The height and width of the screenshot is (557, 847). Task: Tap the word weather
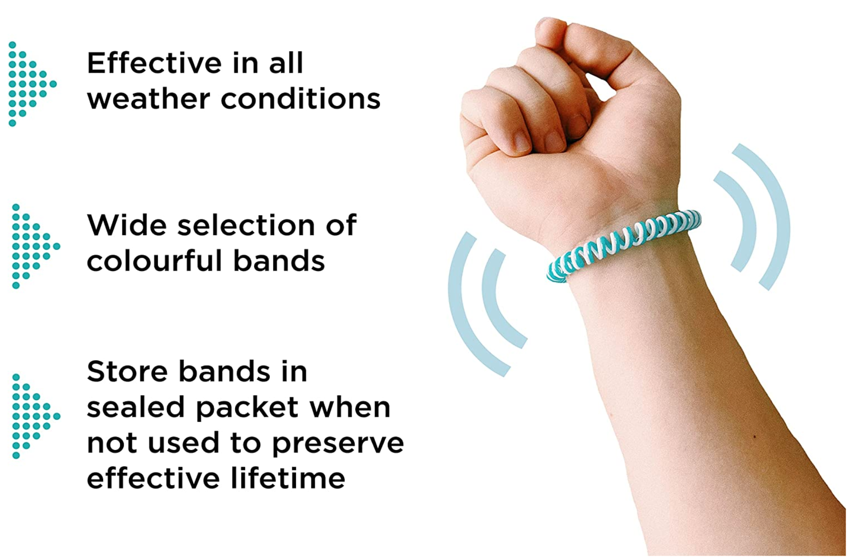pyautogui.click(x=148, y=99)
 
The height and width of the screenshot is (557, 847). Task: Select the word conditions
pyautogui.click(x=301, y=99)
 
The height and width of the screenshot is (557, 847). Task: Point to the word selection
pyautogui.click(x=246, y=225)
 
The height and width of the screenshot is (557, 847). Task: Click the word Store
pyautogui.click(x=127, y=371)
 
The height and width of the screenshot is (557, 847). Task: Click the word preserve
pyautogui.click(x=338, y=444)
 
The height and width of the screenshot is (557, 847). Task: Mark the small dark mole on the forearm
pyautogui.click(x=755, y=437)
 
